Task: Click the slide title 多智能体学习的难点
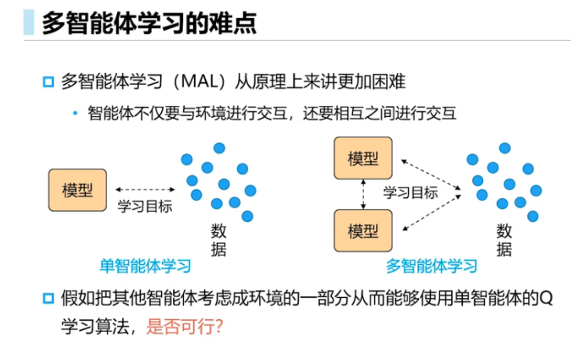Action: point(149,23)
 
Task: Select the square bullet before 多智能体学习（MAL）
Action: point(48,82)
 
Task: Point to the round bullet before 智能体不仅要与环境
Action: point(75,113)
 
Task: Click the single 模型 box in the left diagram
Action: point(78,190)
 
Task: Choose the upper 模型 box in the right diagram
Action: point(363,158)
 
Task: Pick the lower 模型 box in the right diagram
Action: point(363,231)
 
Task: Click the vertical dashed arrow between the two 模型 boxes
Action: point(363,194)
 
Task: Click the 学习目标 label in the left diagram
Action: point(145,207)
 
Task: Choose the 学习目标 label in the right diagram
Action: point(411,193)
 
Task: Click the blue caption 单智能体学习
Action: point(145,266)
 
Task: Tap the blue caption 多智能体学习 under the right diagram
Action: point(431,266)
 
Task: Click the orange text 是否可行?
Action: point(185,326)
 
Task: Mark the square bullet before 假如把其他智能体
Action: point(48,298)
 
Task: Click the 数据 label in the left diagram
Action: point(219,240)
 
